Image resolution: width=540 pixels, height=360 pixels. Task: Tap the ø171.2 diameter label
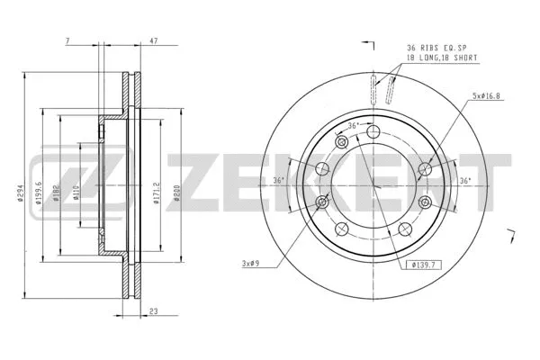[157, 193]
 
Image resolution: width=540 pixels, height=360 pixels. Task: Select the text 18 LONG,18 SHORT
[441, 58]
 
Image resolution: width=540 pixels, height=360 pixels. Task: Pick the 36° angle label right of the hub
[463, 180]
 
